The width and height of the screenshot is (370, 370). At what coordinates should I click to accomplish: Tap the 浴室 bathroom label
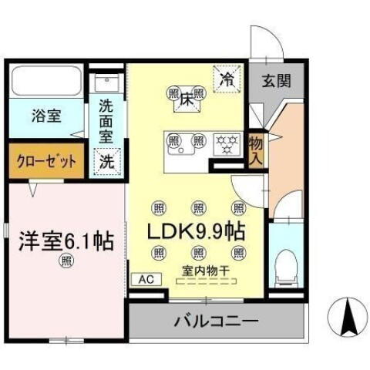[x=47, y=118]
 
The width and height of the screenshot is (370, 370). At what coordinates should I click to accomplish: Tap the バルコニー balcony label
[x=215, y=320]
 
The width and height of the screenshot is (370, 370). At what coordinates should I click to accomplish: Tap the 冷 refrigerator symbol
[x=227, y=79]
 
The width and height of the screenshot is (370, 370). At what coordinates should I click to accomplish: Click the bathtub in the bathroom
[x=47, y=81]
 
